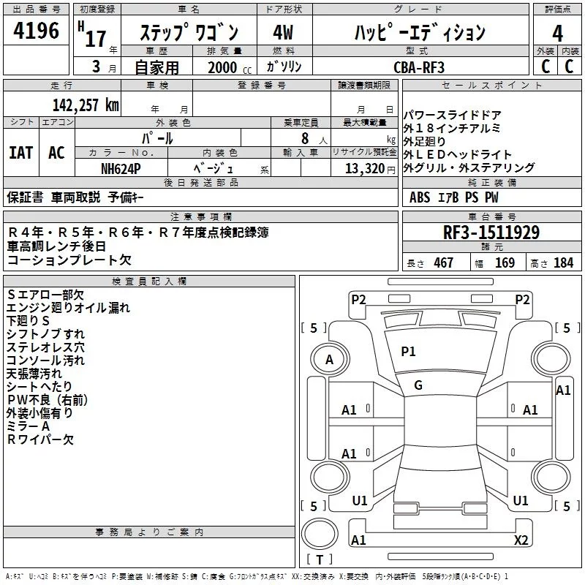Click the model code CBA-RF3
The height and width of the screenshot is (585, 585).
(x=418, y=67)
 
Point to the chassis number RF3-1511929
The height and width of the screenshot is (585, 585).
(x=491, y=233)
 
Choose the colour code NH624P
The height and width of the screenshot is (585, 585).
(x=121, y=168)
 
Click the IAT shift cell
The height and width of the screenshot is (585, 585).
(x=20, y=153)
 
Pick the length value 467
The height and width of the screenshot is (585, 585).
(x=443, y=263)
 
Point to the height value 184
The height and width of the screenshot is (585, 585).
(x=563, y=263)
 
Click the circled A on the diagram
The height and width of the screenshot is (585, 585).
(x=329, y=360)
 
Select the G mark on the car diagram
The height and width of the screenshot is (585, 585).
(x=418, y=385)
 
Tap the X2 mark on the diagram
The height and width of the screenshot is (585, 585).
(x=521, y=540)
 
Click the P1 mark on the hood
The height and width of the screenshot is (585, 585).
(x=408, y=352)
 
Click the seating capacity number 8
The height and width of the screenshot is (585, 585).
(x=303, y=137)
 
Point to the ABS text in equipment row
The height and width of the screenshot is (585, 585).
(x=420, y=197)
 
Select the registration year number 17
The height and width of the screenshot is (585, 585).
(x=96, y=38)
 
